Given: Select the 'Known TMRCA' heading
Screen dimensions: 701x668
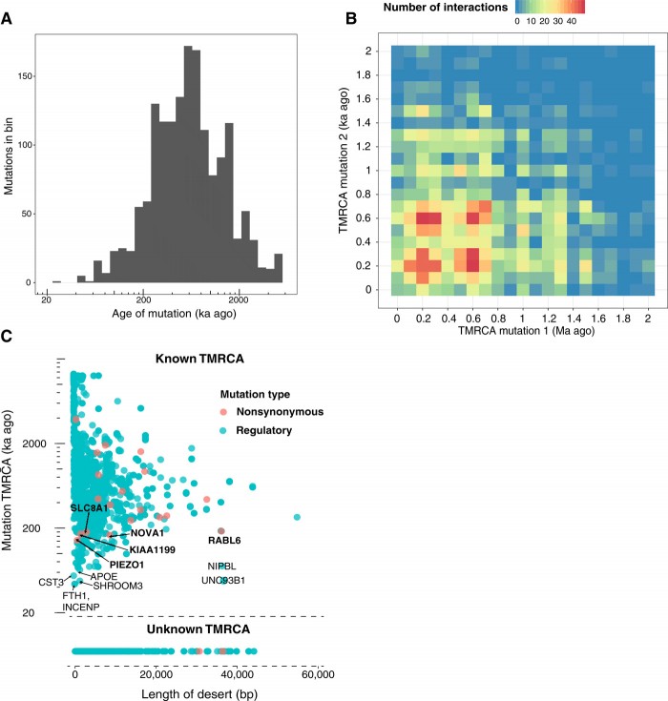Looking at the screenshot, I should (198, 359).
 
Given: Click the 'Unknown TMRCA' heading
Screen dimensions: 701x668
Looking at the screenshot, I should (198, 630).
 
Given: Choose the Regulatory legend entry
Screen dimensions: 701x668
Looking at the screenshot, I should (262, 432).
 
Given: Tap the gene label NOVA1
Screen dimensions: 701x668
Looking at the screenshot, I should (148, 533).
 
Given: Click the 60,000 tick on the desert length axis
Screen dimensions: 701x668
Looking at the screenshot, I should (317, 674).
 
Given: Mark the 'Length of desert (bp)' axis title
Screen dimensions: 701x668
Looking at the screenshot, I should (198, 691).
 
